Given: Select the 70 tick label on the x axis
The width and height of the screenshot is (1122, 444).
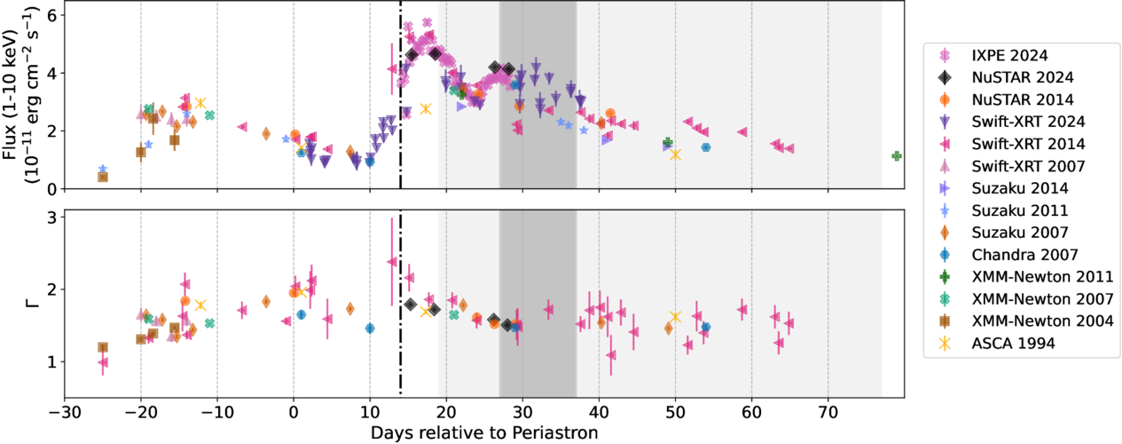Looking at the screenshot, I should click(x=828, y=414).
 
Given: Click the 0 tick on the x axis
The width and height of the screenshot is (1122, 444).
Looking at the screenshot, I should click(x=294, y=414).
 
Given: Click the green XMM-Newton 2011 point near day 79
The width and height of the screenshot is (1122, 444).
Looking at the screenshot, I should click(x=897, y=156).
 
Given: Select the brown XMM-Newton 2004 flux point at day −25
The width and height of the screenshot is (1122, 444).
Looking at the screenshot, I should click(x=103, y=177).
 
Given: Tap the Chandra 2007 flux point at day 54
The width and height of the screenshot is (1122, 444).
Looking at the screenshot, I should click(x=706, y=147).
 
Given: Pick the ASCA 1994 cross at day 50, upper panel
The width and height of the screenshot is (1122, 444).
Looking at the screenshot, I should click(x=675, y=155).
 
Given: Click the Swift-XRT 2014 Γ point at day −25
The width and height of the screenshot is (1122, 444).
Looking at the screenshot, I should click(x=103, y=362).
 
